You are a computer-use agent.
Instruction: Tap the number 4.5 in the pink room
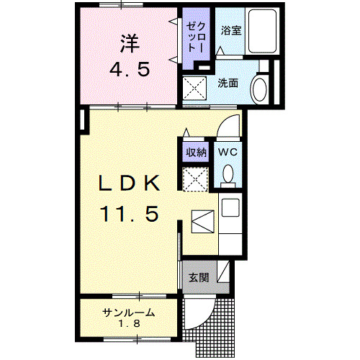tap(130, 71)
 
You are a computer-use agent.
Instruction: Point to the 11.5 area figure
tap(130, 213)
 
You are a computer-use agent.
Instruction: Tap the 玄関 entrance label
tap(199, 278)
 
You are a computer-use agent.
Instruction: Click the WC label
tap(228, 152)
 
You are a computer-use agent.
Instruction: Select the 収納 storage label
tap(197, 152)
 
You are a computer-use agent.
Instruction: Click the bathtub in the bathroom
tap(261, 32)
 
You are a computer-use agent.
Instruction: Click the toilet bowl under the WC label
tap(228, 174)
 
